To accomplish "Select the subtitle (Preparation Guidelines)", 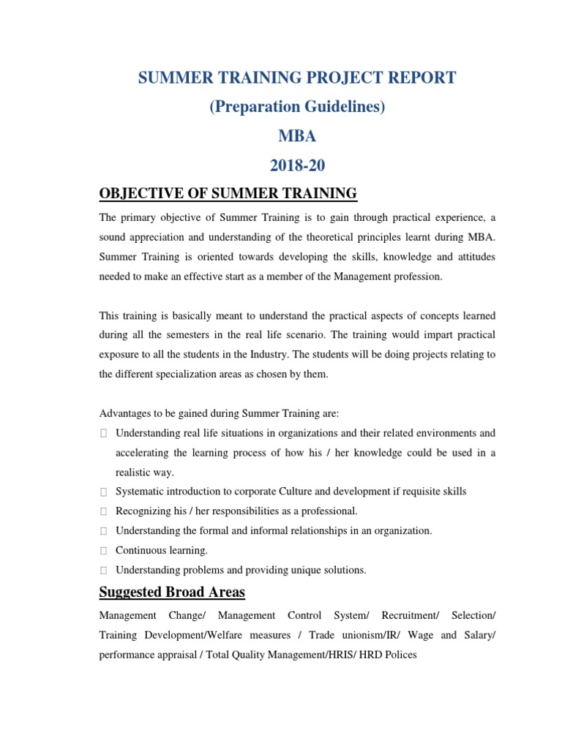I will click(297, 106).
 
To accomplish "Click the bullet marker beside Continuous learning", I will click(104, 550).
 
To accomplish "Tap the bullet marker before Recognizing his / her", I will click(104, 511).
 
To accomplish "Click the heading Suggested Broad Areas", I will click(172, 592).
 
